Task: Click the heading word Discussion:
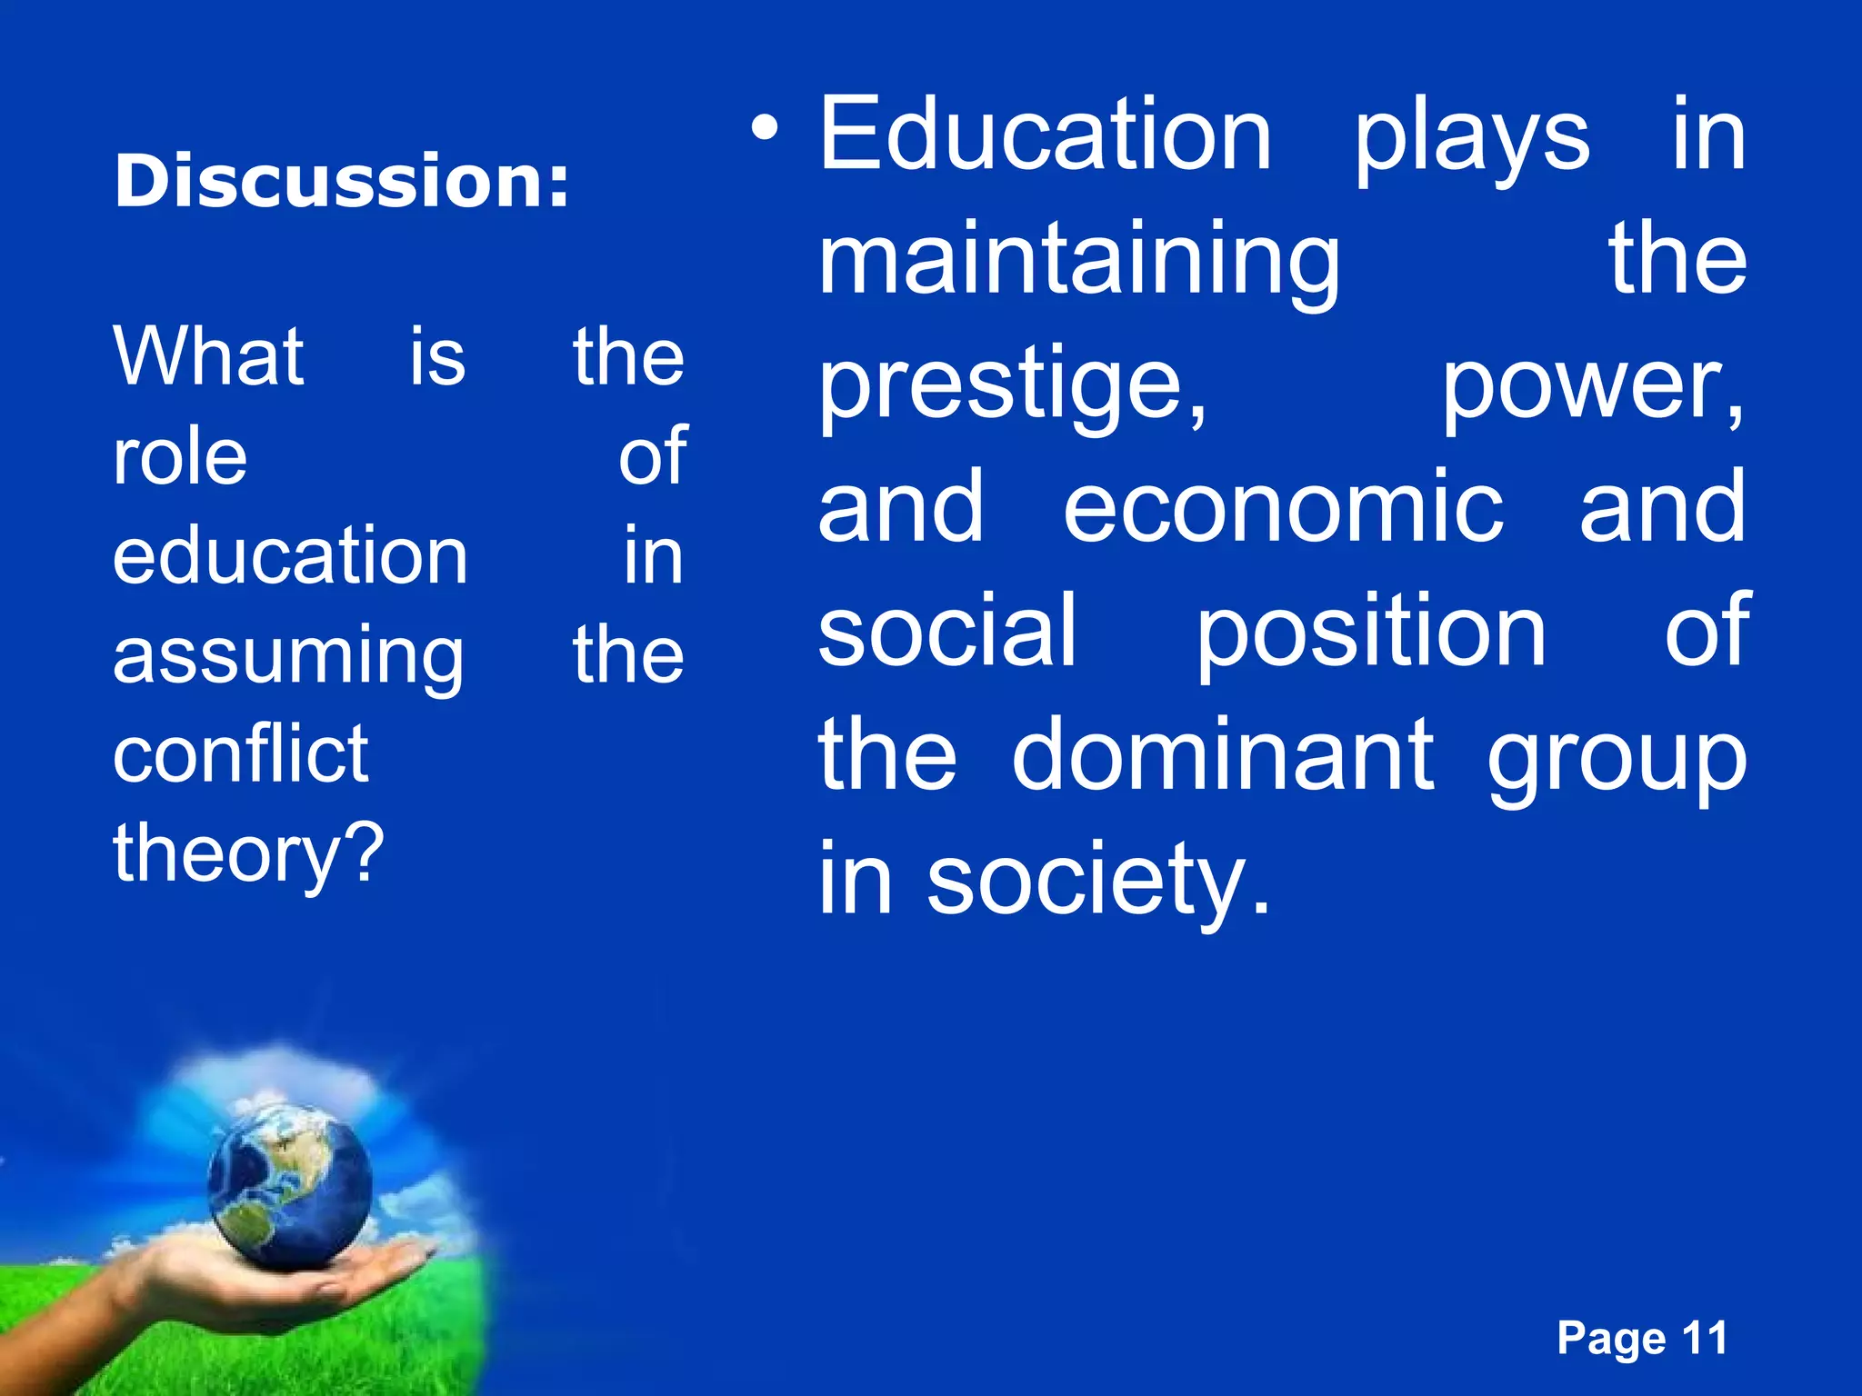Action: [342, 181]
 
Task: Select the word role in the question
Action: [180, 456]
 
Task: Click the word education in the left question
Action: [290, 555]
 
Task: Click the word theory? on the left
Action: [249, 854]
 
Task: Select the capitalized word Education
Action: [1045, 136]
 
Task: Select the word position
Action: [1370, 633]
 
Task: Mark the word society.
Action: [1097, 882]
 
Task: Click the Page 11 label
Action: [1642, 1339]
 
